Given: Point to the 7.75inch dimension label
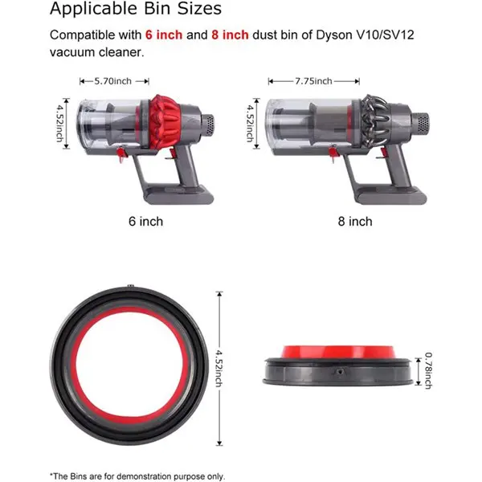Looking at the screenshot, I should click(x=313, y=81).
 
